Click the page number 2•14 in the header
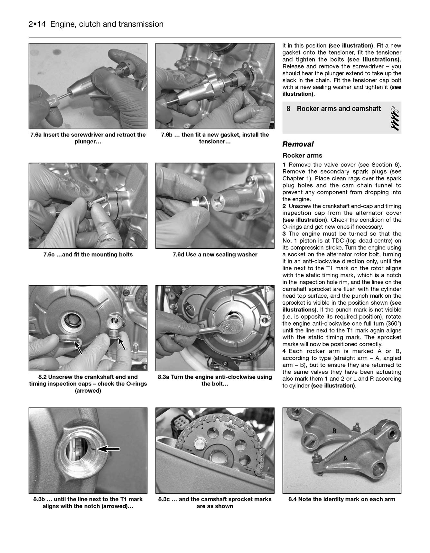[x=38, y=24]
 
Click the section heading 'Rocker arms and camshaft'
[x=339, y=109]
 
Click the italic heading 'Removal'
[x=298, y=144]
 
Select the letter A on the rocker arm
[x=345, y=458]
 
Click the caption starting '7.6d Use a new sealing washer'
[x=215, y=255]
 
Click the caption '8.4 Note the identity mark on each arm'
[x=341, y=500]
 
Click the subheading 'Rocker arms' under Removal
[x=302, y=156]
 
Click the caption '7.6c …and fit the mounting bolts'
[x=88, y=255]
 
